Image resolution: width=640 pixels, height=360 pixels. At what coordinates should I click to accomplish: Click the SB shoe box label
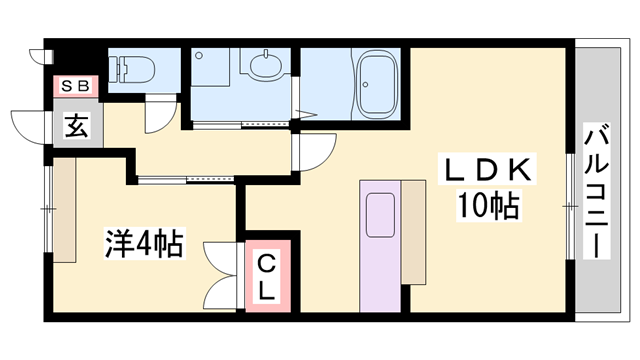click(75, 87)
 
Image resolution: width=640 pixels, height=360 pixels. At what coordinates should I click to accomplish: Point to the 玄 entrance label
click(75, 126)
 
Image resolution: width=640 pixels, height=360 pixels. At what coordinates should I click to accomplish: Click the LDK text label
click(488, 167)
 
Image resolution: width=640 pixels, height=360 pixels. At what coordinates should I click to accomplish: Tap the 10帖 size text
click(488, 207)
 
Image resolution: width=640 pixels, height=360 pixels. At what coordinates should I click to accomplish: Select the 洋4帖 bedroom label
click(143, 243)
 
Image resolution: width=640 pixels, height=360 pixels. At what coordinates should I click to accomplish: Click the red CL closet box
click(269, 276)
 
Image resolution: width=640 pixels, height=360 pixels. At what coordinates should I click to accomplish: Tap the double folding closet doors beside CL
click(218, 275)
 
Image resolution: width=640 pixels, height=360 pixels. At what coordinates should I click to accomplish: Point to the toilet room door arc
click(157, 114)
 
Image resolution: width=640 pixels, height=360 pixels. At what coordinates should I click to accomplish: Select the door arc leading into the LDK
click(315, 153)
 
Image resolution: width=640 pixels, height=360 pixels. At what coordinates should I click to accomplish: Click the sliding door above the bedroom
click(185, 180)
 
